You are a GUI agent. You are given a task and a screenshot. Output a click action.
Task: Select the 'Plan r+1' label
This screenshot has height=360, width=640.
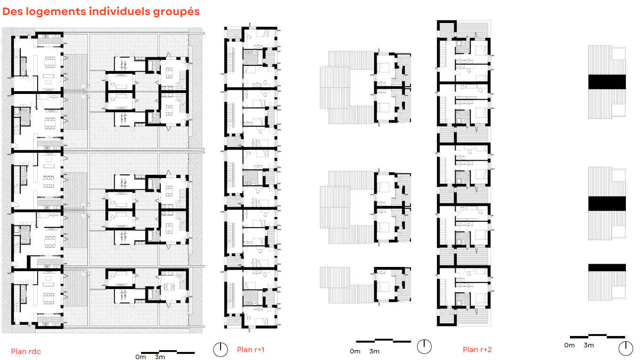251,349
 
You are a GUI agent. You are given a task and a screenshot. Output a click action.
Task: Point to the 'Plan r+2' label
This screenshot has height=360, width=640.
477,349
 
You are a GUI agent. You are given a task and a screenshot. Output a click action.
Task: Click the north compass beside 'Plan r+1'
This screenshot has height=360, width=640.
220,349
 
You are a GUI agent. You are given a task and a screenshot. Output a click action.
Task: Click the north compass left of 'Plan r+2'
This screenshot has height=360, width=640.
424,346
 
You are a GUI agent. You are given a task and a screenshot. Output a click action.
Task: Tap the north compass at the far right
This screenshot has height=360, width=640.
626,348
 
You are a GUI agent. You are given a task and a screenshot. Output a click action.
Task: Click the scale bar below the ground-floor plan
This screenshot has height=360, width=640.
168,352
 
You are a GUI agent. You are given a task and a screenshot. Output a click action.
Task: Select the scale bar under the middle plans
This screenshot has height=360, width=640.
383,341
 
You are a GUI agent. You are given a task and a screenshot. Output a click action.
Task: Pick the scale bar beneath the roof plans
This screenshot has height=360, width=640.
597,336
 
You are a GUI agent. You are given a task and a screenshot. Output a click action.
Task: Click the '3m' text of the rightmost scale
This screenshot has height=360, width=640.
589,345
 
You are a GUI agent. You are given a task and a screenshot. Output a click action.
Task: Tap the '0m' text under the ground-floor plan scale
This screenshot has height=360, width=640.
140,357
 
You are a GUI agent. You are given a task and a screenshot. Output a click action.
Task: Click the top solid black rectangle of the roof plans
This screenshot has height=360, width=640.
607,82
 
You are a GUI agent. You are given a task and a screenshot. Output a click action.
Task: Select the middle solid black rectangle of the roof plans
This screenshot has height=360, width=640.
607,203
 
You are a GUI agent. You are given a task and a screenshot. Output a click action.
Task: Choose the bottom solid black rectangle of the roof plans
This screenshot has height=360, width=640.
607,267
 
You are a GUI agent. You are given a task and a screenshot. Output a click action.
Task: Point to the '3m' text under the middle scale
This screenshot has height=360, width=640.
374,352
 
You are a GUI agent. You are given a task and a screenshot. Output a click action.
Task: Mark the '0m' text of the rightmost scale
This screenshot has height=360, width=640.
569,345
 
